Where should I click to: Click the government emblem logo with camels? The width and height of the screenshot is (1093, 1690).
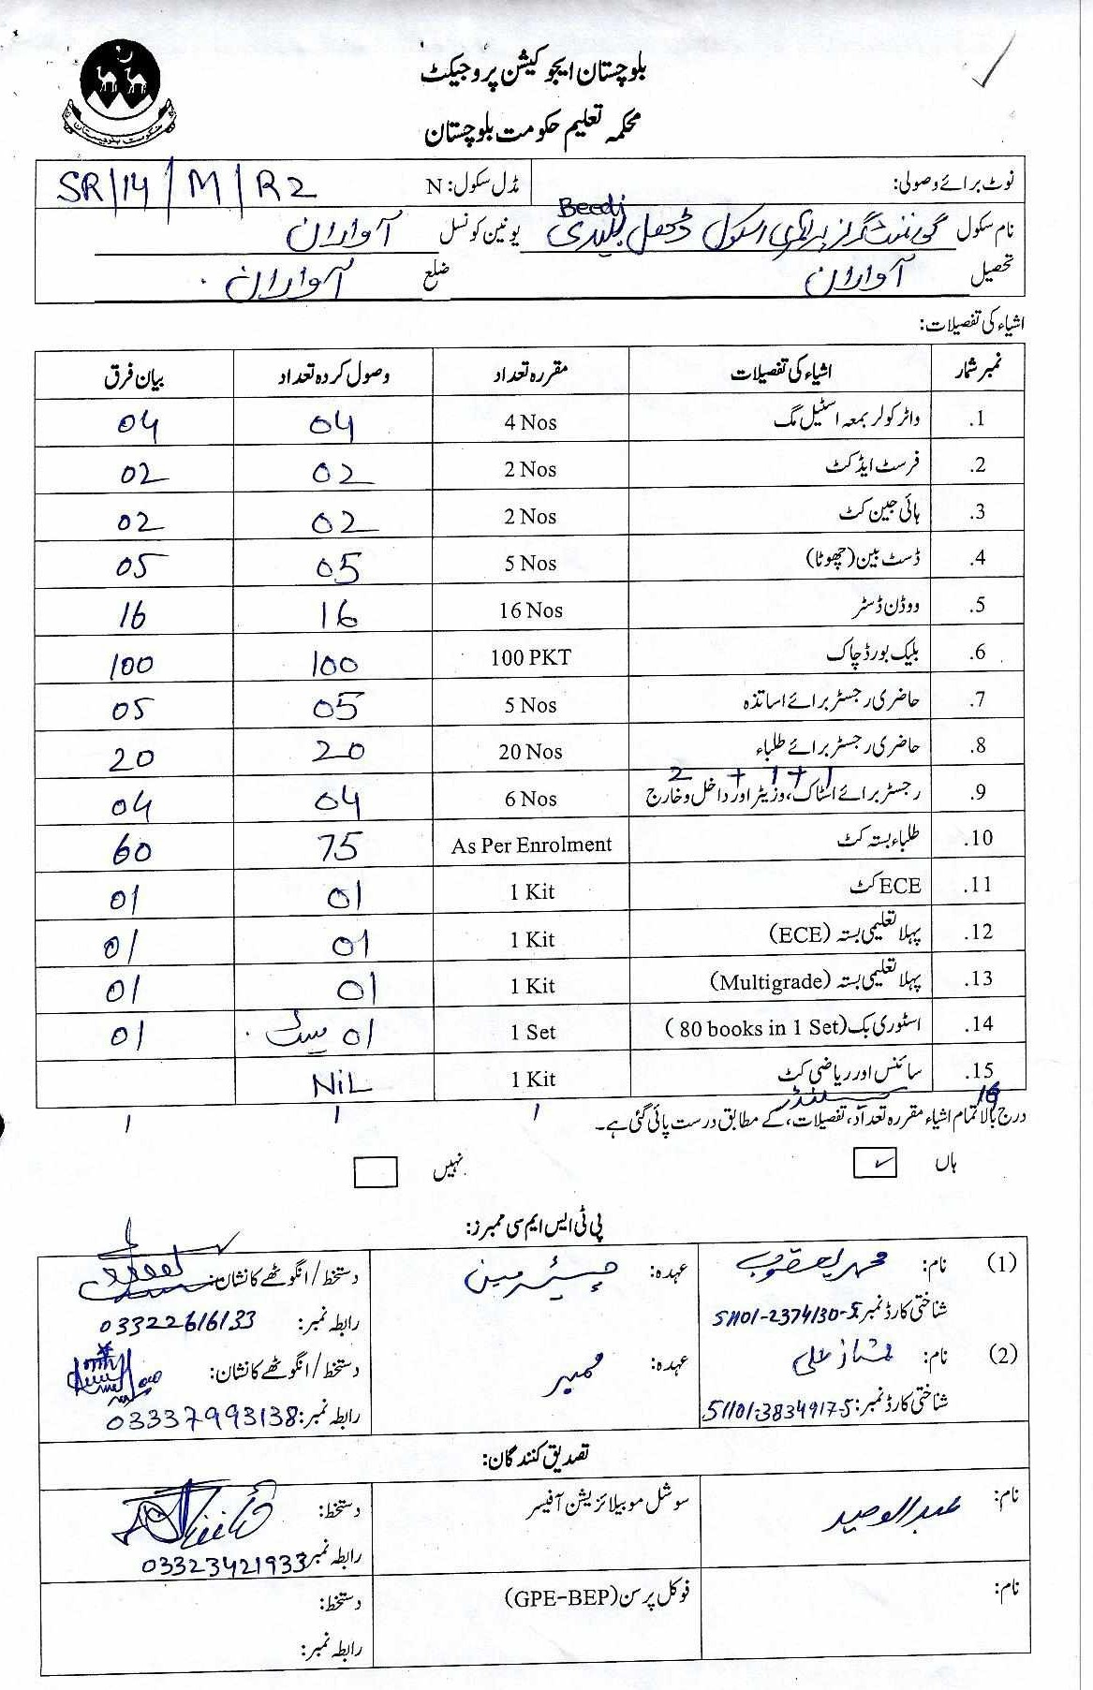coord(119,92)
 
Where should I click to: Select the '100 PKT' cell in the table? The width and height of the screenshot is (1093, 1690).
coord(530,657)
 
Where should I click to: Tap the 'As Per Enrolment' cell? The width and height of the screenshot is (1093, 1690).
coord(531,845)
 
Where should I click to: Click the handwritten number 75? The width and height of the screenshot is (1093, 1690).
coord(338,846)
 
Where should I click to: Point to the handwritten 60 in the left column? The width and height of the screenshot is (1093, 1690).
coord(131,850)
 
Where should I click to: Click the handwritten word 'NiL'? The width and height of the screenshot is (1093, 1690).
coord(341,1085)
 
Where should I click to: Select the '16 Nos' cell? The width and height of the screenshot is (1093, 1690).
coord(530,610)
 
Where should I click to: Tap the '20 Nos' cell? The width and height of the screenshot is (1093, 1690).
coord(530,752)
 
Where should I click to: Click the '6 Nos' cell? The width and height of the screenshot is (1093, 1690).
coord(530,799)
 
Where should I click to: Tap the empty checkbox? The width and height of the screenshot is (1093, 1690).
coord(376,1172)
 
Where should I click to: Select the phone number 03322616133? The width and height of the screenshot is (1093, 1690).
coord(177,1322)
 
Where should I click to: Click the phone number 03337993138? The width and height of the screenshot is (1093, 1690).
coord(200,1418)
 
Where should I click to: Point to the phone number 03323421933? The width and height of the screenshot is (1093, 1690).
coord(224,1564)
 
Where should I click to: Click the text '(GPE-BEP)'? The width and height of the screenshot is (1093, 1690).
coord(560,1596)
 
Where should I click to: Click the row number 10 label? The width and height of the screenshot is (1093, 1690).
coord(979,838)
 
